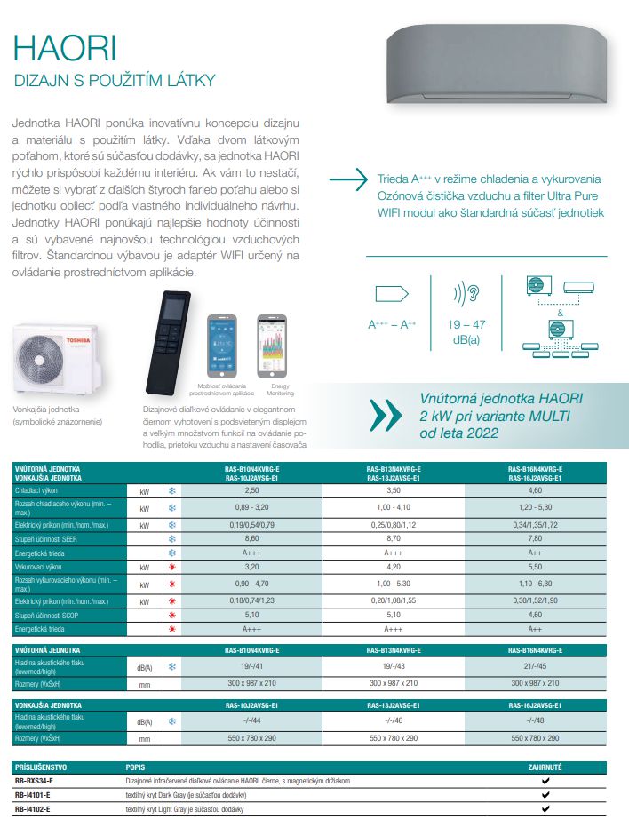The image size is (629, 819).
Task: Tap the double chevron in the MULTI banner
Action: point(385,414)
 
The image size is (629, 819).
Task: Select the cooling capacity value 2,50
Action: point(251,489)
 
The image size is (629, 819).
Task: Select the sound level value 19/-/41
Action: point(251,665)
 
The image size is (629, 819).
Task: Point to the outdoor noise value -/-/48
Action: point(536,720)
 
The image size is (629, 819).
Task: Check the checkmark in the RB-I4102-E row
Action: point(545,809)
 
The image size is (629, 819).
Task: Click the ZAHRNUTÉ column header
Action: point(545,766)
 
